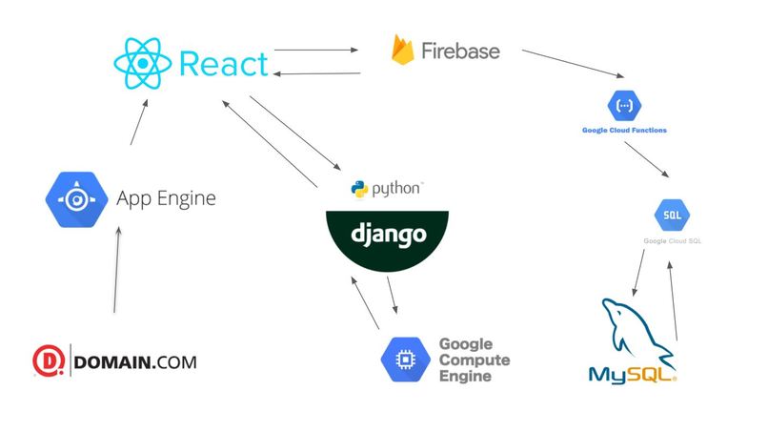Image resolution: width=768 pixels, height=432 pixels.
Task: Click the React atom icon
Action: tap(143, 64)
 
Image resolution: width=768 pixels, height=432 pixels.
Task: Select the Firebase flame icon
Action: tap(402, 50)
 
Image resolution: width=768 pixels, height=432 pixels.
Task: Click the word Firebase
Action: tap(460, 51)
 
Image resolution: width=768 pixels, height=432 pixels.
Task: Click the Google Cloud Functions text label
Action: tap(624, 129)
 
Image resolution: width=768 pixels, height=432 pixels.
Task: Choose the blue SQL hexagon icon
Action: tap(672, 214)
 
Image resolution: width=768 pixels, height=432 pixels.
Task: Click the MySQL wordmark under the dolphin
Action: tap(629, 373)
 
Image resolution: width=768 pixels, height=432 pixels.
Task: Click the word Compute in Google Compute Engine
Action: tap(474, 360)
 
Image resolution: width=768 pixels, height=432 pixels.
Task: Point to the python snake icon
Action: tap(359, 188)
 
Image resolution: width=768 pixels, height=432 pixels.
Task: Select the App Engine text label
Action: tap(166, 199)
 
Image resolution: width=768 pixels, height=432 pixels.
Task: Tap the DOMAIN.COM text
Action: tap(134, 362)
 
